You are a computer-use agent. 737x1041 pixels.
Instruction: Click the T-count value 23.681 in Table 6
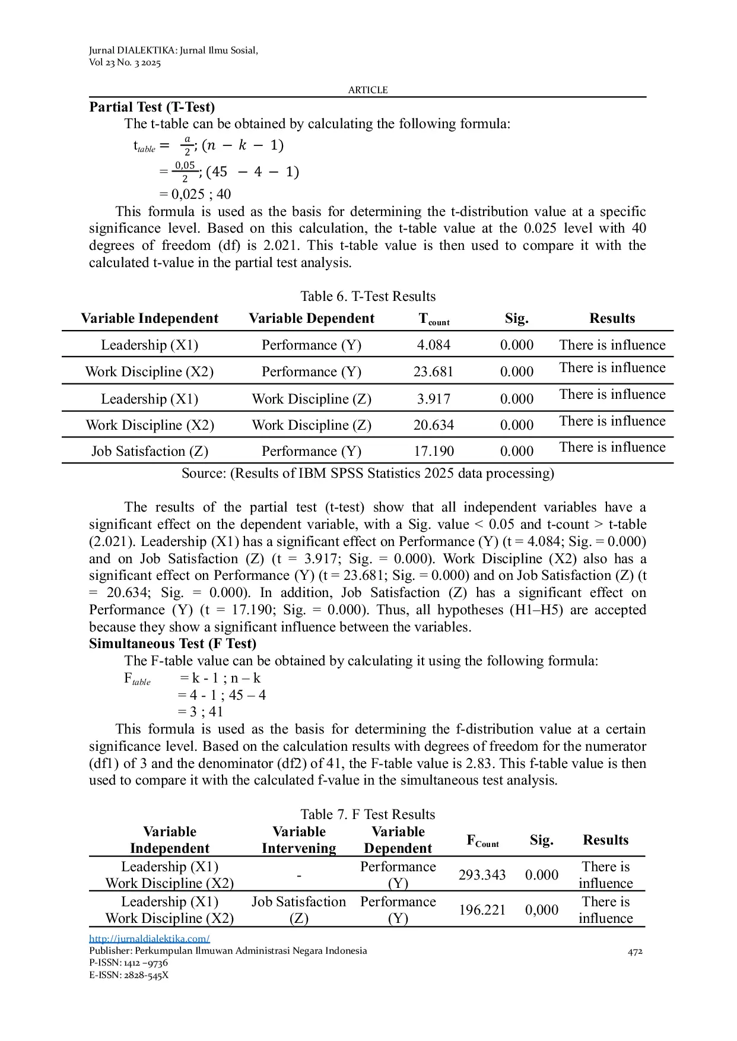[433, 372]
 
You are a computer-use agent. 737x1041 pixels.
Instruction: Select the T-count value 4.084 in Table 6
[433, 345]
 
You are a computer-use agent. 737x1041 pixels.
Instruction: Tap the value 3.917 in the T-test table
[433, 399]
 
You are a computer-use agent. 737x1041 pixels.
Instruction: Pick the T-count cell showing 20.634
[433, 425]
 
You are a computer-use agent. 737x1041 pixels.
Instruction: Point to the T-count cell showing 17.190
[433, 451]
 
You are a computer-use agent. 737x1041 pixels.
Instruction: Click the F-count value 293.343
[482, 875]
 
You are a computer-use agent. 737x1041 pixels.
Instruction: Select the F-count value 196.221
[482, 910]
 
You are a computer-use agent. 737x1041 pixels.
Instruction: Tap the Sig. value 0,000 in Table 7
[541, 910]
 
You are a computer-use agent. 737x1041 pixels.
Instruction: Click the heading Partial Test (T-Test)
[152, 107]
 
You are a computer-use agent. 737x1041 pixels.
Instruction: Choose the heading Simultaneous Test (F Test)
[173, 643]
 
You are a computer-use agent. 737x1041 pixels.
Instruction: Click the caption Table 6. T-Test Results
[368, 296]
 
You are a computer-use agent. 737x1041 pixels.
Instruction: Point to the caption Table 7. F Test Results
[368, 814]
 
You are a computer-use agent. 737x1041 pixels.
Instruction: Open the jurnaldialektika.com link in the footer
[150, 938]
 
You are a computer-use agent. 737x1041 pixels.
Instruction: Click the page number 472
[635, 951]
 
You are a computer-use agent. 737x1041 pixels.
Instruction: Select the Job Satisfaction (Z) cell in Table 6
[150, 451]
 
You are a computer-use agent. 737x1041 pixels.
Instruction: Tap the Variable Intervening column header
[298, 840]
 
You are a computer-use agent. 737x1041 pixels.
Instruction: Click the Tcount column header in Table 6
[434, 319]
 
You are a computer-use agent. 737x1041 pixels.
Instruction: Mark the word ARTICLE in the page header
[368, 90]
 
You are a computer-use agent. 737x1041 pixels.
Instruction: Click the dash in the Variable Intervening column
[299, 875]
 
